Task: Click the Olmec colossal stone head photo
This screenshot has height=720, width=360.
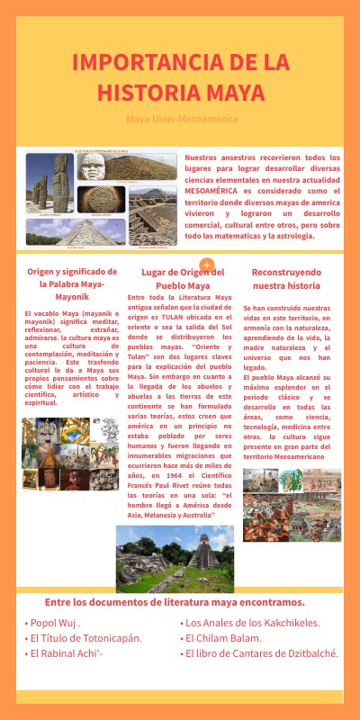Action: click(x=93, y=166)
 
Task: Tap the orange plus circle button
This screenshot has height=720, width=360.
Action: click(x=207, y=265)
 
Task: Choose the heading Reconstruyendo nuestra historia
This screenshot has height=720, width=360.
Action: click(x=286, y=278)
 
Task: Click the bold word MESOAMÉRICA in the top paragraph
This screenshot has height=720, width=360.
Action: click(x=214, y=191)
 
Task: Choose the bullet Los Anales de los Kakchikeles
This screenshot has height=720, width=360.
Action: click(x=253, y=623)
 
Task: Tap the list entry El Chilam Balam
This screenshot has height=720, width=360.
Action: click(x=226, y=638)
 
